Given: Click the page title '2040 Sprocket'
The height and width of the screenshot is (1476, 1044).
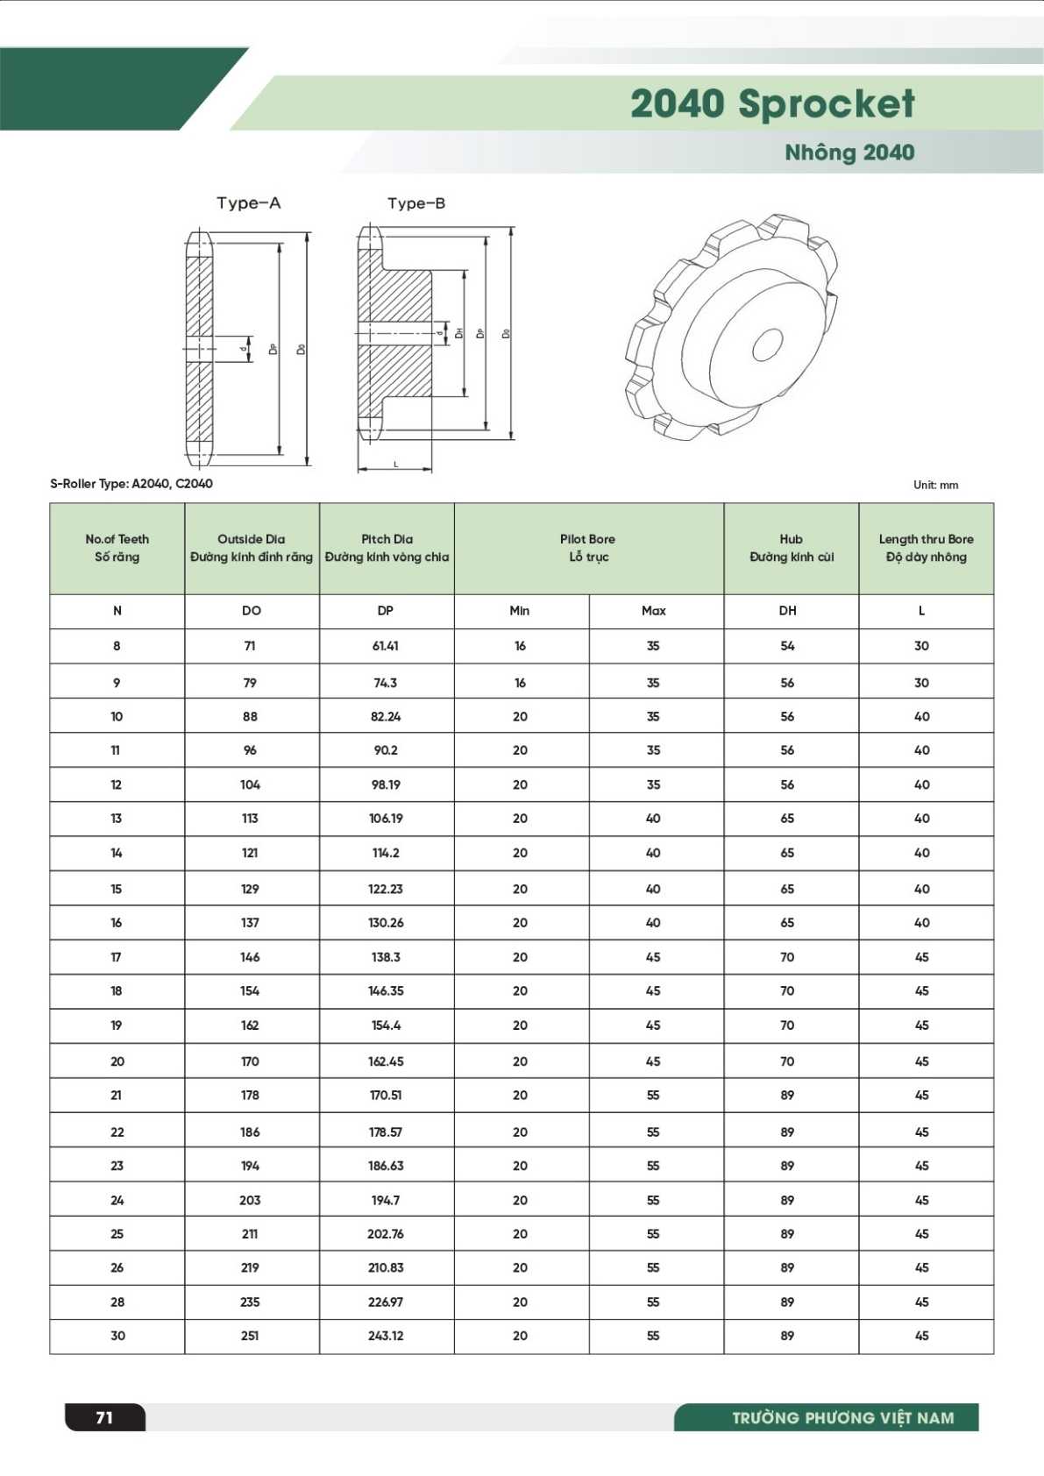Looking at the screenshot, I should tap(771, 103).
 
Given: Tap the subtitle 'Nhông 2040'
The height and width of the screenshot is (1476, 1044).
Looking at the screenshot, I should tap(849, 153).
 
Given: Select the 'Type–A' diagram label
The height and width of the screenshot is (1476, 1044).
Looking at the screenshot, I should tap(249, 203).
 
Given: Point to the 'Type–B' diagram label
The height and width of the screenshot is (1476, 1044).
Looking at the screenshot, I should tap(416, 203).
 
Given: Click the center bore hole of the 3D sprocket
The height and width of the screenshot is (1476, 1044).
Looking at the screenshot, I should tap(767, 344).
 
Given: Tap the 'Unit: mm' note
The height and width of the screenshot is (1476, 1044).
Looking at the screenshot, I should tap(935, 485).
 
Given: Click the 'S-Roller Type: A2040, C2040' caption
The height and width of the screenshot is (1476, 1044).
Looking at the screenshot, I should tap(131, 484).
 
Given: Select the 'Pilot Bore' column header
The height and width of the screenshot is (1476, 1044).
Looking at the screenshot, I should tap(587, 539).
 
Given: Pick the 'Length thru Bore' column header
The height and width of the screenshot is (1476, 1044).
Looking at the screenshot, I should tap(926, 539).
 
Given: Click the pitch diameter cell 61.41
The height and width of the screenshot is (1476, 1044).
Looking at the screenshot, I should tap(386, 646).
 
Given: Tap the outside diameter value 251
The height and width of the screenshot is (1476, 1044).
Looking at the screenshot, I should tap(250, 1336).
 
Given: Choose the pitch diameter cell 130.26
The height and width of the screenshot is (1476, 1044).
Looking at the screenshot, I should tap(386, 923).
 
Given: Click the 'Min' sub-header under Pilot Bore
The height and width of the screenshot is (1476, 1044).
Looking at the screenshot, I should tap(520, 611).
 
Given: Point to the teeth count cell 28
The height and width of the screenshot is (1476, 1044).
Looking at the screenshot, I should tap(117, 1302).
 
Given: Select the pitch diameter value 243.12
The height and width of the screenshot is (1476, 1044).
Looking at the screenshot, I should tap(386, 1336).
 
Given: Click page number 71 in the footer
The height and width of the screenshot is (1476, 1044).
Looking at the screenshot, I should tap(104, 1417).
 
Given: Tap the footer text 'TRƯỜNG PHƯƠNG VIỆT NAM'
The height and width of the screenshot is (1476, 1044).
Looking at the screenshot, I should tap(842, 1418).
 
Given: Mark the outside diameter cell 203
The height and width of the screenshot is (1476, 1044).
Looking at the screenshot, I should tap(250, 1200).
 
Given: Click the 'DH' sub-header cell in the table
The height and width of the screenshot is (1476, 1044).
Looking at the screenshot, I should tap(787, 611).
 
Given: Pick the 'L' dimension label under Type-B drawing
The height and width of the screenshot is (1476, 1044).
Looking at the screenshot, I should tap(395, 464).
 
